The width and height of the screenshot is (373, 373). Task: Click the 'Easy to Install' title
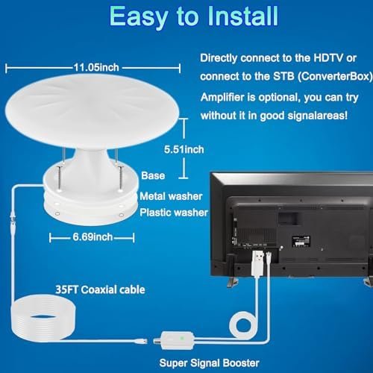tap(194, 16)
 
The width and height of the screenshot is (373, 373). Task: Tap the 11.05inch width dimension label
tap(96, 67)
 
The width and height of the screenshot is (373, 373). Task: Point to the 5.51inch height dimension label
tap(184, 149)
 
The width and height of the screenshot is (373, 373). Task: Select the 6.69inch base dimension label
tap(93, 237)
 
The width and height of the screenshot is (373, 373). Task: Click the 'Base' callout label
tap(153, 176)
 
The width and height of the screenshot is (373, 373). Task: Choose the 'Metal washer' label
tap(171, 196)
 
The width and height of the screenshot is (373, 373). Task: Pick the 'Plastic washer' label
tap(174, 213)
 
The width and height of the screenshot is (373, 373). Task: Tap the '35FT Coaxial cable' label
tap(100, 290)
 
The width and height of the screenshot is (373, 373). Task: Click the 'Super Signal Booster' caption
tap(210, 363)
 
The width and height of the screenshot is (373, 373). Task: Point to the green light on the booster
tap(182, 338)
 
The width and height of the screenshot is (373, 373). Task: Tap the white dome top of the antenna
tap(92, 110)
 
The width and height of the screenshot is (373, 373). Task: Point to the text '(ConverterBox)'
tap(335, 76)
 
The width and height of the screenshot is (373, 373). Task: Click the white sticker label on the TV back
tap(301, 241)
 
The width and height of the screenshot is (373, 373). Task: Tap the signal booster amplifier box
tap(177, 340)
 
